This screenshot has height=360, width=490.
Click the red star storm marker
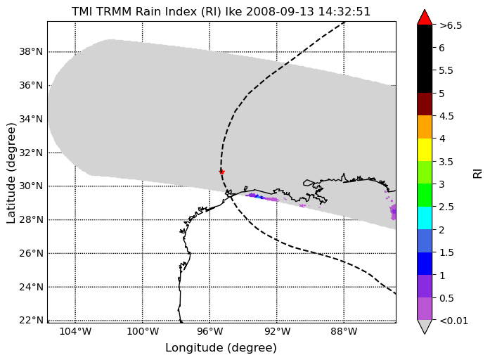pyautogui.click(x=221, y=172)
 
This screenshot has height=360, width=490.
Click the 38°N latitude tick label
pyautogui.click(x=31, y=51)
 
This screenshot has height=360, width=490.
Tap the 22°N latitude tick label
pyautogui.click(x=31, y=321)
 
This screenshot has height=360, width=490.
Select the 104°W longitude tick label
pyautogui.click(x=75, y=331)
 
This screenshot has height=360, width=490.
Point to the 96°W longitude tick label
pyautogui.click(x=209, y=331)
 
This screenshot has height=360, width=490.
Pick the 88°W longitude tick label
pyautogui.click(x=344, y=331)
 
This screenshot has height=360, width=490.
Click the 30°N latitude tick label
pyautogui.click(x=31, y=186)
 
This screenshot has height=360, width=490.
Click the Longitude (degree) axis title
pyautogui.click(x=221, y=348)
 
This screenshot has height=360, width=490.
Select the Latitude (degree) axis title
pyautogui.click(x=11, y=174)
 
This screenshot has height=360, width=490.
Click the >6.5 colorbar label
pyautogui.click(x=451, y=25)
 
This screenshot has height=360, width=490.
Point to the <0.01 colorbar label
pyautogui.click(x=453, y=321)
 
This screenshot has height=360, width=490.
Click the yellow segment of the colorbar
pyautogui.click(x=425, y=150)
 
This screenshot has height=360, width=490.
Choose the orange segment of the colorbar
pyautogui.click(x=425, y=127)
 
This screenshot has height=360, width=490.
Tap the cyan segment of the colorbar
pyautogui.click(x=425, y=218)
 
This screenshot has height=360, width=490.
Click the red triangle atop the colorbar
pyautogui.click(x=425, y=18)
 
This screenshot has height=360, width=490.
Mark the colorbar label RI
pyautogui.click(x=478, y=174)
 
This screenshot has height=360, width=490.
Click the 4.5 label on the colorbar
pyautogui.click(x=446, y=116)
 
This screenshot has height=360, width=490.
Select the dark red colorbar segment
pyautogui.click(x=425, y=104)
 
